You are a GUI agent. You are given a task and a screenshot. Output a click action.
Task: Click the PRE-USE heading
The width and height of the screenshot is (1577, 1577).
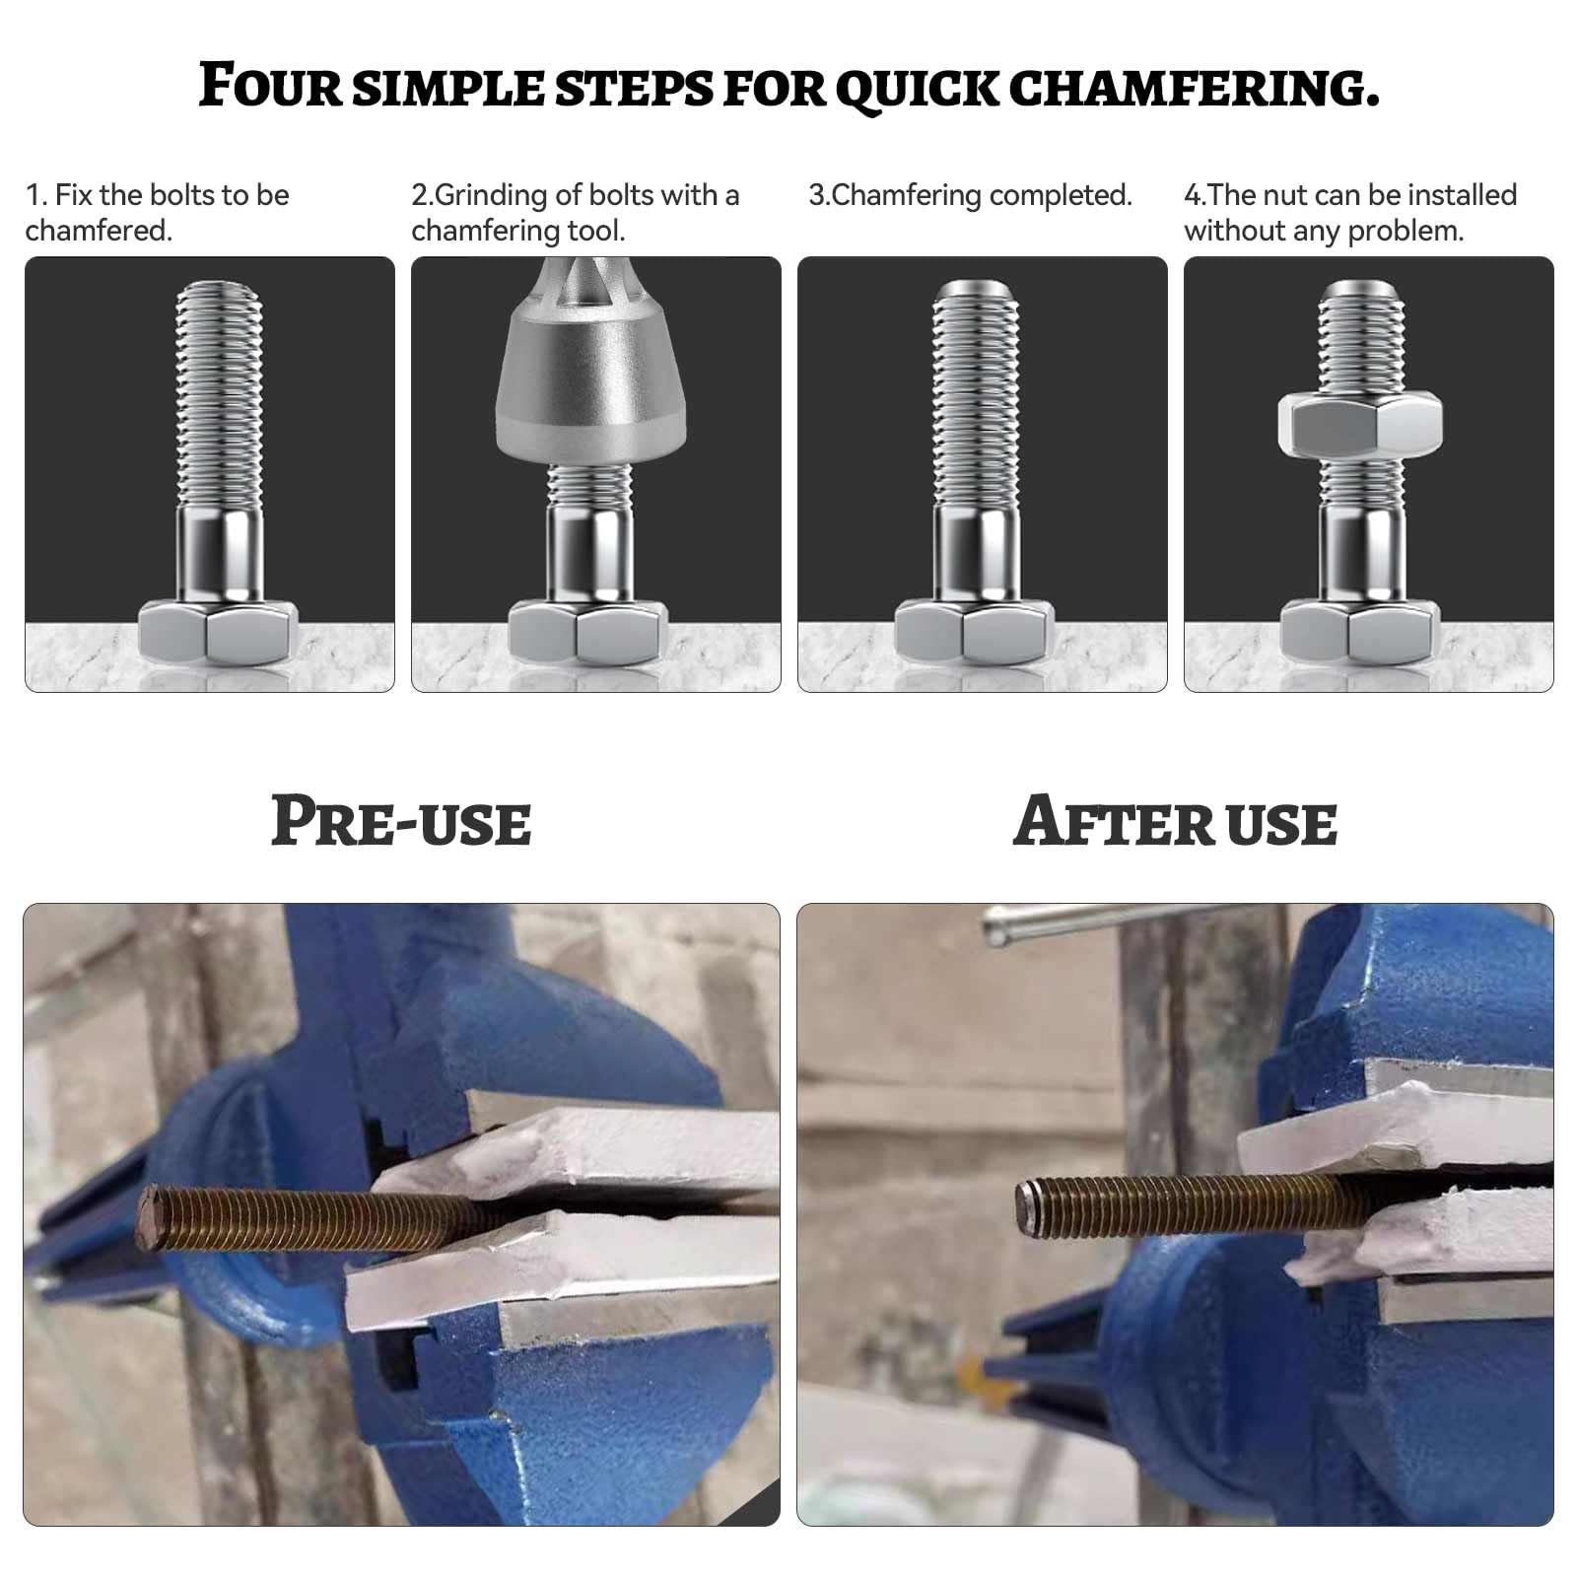coord(400,822)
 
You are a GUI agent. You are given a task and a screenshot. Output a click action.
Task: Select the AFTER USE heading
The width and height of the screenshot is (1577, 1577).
coord(1175,822)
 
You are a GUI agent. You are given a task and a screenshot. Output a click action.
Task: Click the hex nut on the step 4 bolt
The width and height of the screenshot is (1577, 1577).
coord(1360,425)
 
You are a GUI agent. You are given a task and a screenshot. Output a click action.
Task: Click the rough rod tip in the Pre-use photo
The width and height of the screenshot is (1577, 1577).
coord(151,1218)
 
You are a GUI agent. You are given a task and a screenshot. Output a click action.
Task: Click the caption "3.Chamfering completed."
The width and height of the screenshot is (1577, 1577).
coord(970,195)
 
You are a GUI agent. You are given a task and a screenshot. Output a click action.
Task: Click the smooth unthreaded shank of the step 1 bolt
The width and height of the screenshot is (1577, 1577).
coord(220,552)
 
